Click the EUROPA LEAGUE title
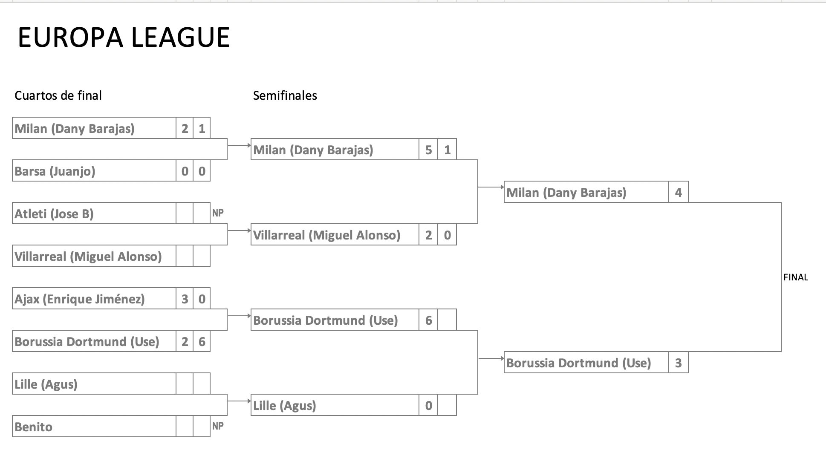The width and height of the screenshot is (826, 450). coord(124,37)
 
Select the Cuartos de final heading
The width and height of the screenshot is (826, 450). coord(58,95)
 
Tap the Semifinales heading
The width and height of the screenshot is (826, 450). coord(285,95)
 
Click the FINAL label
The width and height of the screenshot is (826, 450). coord(795,277)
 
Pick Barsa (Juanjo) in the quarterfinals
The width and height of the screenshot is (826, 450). coord(55,171)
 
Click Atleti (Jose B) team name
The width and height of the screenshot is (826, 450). coord(54,214)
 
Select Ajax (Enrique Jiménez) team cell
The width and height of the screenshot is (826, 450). coord(80,299)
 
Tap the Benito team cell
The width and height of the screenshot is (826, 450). coord(34,427)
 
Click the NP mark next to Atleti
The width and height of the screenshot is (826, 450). coord(218,213)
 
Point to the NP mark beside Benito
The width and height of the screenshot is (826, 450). coord(218,426)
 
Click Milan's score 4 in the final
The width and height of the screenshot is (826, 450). coord(678,193)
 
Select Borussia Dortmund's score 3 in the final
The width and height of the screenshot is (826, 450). coord(678,363)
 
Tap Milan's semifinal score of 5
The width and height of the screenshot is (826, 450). coord(428,150)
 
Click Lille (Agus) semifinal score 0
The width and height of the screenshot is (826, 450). coord(428,406)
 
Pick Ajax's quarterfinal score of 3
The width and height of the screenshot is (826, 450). coord(185,299)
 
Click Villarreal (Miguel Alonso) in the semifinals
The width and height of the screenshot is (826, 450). coord(327,235)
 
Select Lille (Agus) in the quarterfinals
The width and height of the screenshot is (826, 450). coord(46,384)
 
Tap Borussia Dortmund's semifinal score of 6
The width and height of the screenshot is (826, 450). coord(428,320)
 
